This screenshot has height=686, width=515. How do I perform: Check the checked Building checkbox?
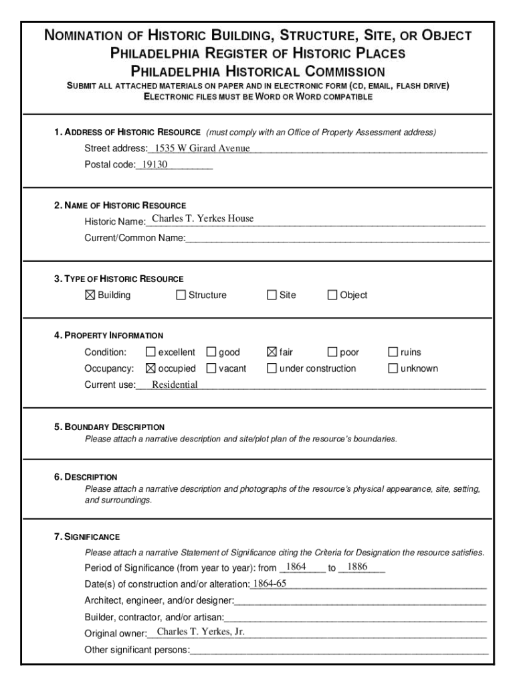point(90,295)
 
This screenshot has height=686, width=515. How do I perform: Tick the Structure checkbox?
point(181,295)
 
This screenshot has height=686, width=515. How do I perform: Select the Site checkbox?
point(272,295)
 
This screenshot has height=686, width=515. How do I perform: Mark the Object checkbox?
point(332,295)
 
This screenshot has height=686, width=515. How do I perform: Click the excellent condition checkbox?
point(150,352)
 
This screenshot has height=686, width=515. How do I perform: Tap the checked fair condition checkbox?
point(272,352)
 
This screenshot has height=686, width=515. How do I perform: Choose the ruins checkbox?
point(393,352)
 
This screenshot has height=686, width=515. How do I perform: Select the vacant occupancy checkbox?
point(211,368)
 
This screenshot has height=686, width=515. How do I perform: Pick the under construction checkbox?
point(272,368)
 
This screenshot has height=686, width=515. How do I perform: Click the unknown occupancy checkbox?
point(393,368)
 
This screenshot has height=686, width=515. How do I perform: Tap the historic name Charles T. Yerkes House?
point(203,218)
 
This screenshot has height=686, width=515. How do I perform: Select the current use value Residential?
point(175,385)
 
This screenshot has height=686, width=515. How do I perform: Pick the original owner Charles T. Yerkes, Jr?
point(201,632)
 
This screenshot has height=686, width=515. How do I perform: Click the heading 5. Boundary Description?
point(110,427)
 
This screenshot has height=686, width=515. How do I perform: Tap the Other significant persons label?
point(137,650)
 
